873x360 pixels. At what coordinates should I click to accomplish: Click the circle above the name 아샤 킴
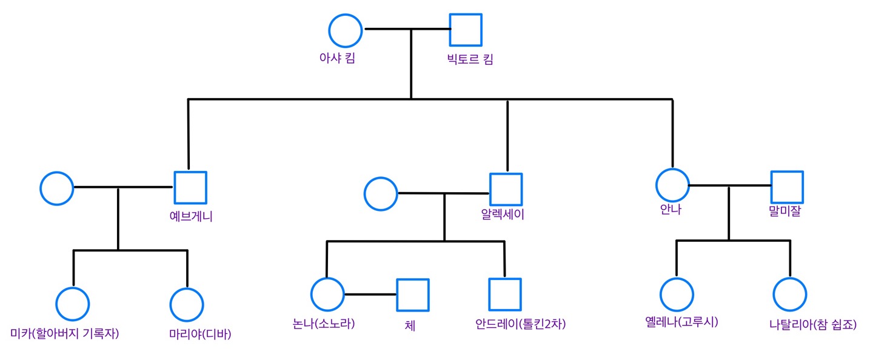pos(346,30)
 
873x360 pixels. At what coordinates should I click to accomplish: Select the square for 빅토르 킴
pos(466,30)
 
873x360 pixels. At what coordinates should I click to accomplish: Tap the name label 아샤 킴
pos(337,58)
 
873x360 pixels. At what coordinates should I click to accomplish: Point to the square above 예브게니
pos(190,187)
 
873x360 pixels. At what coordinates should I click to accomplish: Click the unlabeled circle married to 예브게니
pos(57,188)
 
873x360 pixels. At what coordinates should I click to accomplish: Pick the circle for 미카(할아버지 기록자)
pos(73,304)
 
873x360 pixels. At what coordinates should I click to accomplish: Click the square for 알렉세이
pos(506,189)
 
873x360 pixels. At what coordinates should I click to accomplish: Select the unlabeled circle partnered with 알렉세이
pos(381,194)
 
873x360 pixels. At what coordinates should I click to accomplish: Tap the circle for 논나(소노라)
pos(327,295)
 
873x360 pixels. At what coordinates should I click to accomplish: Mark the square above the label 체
pos(413,295)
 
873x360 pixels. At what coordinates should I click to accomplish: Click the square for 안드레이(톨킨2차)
pos(505,295)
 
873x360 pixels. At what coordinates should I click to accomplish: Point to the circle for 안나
pos(672,185)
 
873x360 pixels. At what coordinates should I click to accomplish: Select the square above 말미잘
pos(787,187)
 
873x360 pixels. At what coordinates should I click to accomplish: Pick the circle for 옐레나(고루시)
pos(677,295)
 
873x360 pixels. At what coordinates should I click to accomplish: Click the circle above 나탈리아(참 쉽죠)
pos(790,295)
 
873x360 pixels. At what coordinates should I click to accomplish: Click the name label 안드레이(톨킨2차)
pos(521,324)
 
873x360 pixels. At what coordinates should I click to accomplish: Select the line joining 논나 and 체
pos(370,295)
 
